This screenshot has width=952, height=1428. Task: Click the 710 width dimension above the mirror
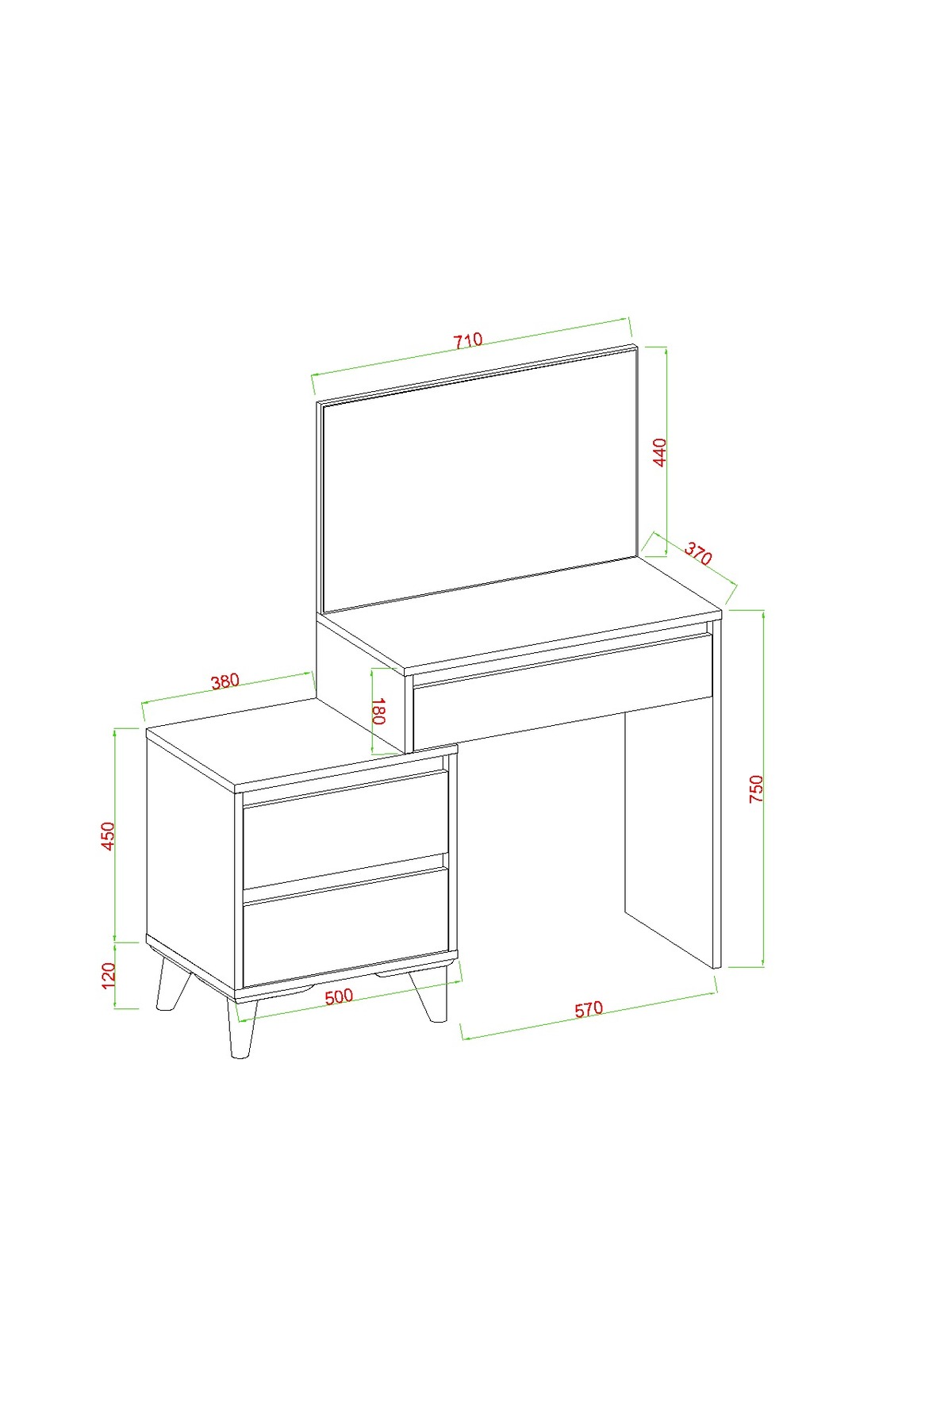468,341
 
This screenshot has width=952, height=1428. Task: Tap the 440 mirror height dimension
660,452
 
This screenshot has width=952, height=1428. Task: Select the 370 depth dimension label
698,553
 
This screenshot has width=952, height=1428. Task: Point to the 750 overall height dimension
756,789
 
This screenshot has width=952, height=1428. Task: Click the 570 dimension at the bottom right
589,1009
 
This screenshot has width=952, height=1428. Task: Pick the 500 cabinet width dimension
339,996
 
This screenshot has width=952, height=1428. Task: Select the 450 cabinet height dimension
109,835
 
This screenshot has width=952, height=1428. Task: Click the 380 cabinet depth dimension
225,681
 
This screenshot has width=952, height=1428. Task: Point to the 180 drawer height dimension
378,712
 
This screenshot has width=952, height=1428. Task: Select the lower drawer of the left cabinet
345,928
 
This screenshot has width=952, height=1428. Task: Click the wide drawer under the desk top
562,689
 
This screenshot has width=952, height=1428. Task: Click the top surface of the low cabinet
301,744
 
